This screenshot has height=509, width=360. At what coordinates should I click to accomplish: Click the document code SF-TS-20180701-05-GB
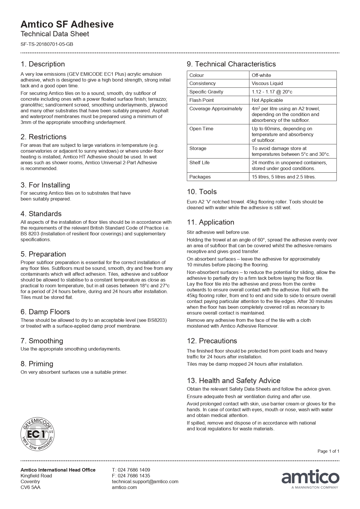coord(47,44)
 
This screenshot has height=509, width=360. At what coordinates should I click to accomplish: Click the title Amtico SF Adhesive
coord(67,24)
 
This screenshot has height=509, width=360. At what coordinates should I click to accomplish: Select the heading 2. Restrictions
coord(44,137)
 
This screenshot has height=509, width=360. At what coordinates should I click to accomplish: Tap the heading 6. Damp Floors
coord(45,312)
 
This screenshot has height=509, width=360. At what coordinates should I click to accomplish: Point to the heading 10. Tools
coord(202,192)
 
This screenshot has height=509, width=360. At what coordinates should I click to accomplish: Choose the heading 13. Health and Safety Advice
coord(234,381)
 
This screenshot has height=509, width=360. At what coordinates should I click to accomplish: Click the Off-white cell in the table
coord(261,75)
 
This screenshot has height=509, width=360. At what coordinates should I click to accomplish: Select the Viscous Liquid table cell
coord(267,84)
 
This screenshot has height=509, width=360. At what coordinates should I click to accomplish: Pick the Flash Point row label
coord(202,100)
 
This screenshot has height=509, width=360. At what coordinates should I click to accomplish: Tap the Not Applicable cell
coord(267,100)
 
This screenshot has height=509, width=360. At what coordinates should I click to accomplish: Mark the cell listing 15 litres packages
coord(284,177)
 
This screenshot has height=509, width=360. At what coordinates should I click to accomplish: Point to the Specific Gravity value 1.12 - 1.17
coord(272,92)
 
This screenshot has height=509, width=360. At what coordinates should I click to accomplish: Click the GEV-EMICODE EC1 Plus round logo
coord(37,434)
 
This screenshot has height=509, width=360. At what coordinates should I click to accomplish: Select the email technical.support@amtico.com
coord(145,481)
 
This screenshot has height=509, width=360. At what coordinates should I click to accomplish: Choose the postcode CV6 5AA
coord(30,487)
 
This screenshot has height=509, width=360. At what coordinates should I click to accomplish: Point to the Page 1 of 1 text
coord(328,451)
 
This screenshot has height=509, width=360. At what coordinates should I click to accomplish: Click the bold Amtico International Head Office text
coord(58,470)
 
